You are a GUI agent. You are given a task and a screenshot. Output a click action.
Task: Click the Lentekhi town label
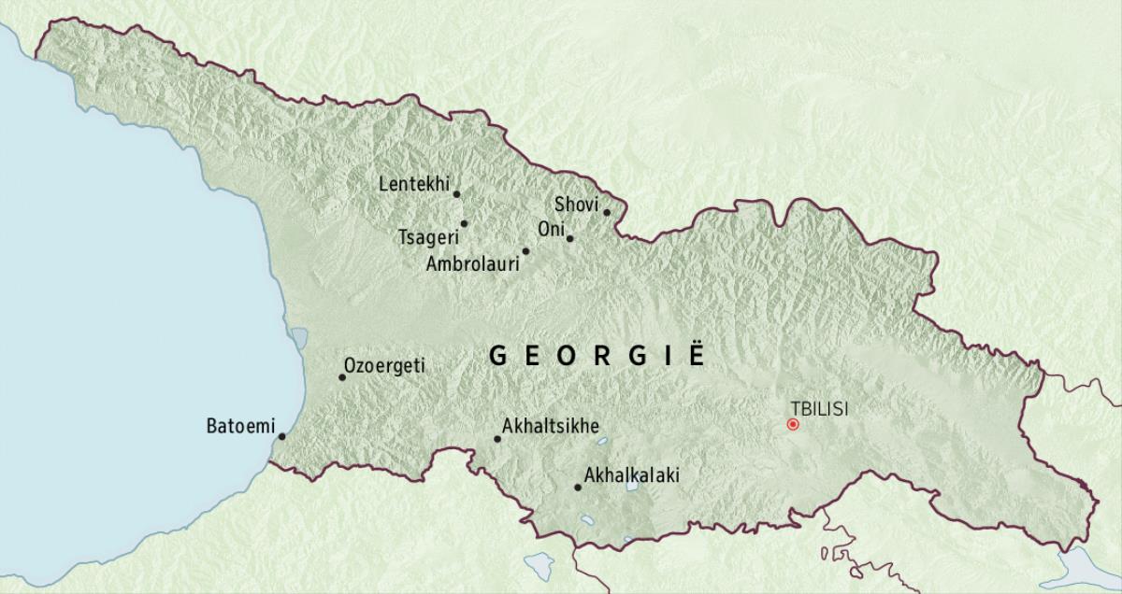(414, 183)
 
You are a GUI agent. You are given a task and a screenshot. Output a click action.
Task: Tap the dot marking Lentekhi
(456, 194)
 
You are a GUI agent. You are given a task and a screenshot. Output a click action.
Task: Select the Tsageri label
(427, 237)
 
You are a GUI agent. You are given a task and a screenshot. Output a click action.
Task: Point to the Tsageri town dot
(464, 223)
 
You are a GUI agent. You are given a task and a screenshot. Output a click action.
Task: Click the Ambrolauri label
(472, 264)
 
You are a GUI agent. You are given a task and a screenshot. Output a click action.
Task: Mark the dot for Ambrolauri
(525, 251)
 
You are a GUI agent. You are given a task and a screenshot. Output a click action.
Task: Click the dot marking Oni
(569, 238)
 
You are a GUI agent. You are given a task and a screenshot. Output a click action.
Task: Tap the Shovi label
(576, 204)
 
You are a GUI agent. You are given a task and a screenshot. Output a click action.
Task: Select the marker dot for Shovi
(607, 212)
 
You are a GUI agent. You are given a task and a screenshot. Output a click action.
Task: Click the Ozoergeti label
(384, 366)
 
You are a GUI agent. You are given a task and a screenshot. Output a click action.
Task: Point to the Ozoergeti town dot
(341, 377)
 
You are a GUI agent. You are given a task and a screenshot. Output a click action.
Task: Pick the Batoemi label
(238, 428)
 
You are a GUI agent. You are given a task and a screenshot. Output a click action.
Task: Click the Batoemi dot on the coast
(281, 436)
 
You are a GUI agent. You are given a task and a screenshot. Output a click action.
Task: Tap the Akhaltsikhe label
(551, 426)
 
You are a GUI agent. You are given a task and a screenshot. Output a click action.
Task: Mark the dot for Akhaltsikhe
(497, 439)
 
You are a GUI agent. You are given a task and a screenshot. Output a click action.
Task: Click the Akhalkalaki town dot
(577, 488)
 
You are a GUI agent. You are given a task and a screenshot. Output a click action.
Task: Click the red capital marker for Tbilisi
(793, 424)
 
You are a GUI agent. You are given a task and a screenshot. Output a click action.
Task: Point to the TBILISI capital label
(820, 407)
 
